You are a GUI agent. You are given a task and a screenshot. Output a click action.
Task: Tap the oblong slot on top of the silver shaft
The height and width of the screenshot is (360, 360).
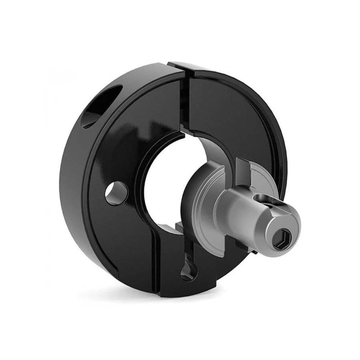pyautogui.click(x=266, y=199)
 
